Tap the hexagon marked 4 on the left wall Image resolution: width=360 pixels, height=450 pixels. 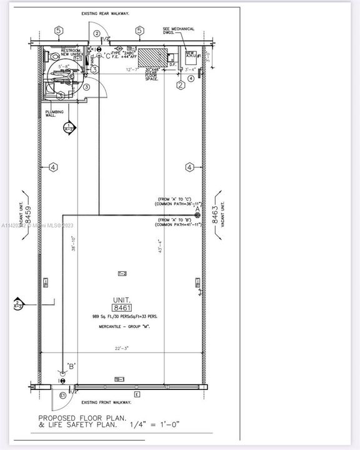click(x=54, y=167)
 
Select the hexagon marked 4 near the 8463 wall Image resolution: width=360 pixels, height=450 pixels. click(x=189, y=167)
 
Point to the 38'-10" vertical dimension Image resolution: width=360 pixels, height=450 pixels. click(x=73, y=243)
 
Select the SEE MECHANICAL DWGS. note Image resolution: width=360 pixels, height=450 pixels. click(x=179, y=31)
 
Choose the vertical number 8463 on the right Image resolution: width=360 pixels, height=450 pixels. click(x=214, y=216)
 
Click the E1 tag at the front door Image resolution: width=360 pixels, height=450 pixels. click(x=62, y=395)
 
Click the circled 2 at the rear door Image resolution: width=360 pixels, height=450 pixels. click(x=97, y=33)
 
